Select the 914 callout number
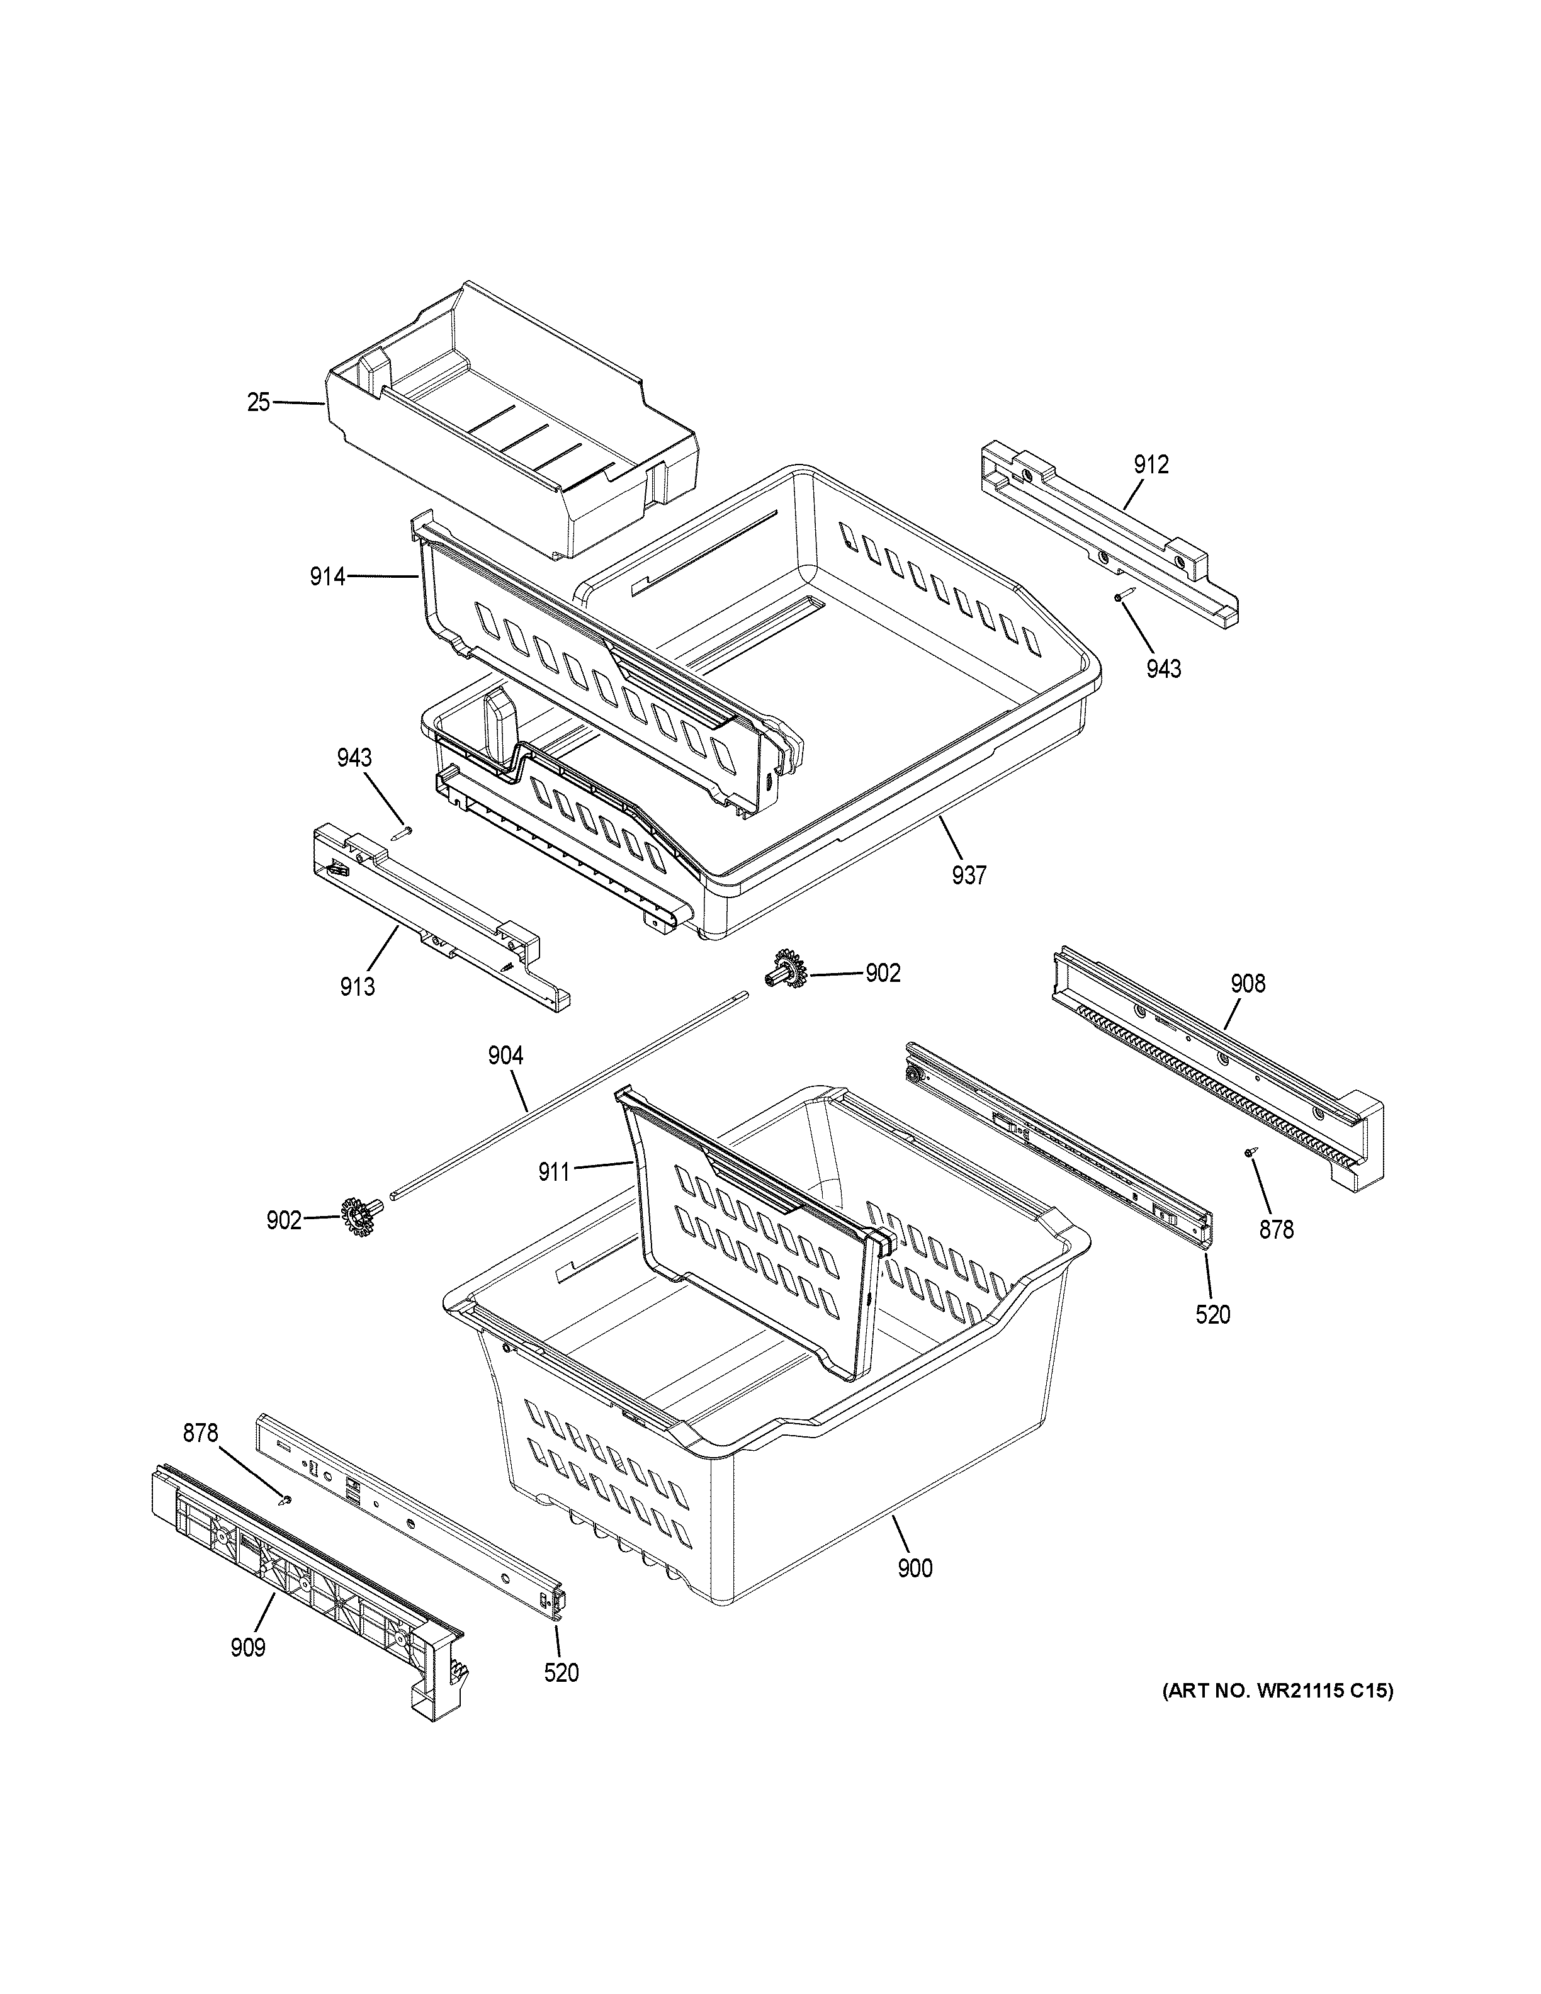click(x=327, y=576)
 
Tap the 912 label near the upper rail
click(x=1151, y=465)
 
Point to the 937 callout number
click(x=969, y=876)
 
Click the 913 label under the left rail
click(x=357, y=986)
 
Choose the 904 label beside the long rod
click(x=505, y=1056)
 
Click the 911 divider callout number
click(x=554, y=1171)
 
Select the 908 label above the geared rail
click(x=1248, y=983)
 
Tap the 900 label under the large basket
click(x=915, y=1569)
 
